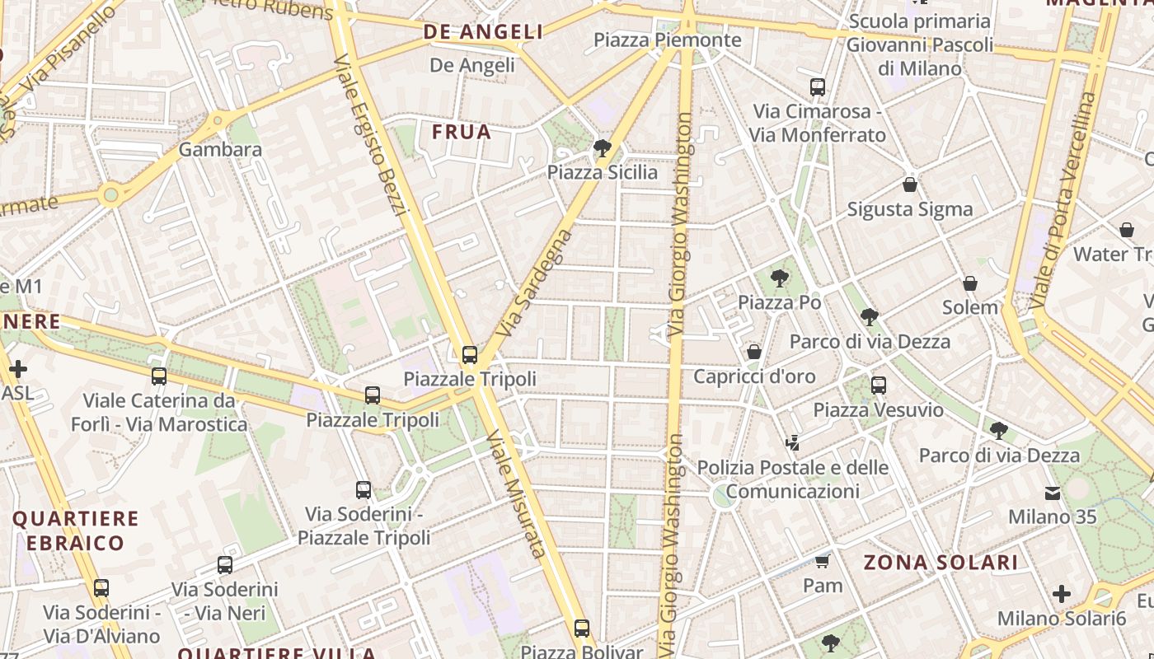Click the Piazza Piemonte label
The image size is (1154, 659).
click(x=667, y=40)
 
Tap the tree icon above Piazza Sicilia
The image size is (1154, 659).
click(x=603, y=148)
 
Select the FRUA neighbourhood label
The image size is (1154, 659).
click(x=461, y=132)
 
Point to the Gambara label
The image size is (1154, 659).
click(x=220, y=149)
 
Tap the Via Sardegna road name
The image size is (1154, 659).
click(x=536, y=283)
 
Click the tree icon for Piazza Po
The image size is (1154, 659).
click(x=779, y=278)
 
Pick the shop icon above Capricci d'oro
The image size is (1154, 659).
click(x=753, y=352)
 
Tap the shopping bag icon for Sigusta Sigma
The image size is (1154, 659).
click(x=910, y=185)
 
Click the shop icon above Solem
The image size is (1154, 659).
click(x=970, y=283)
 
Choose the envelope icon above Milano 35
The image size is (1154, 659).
click(x=1053, y=493)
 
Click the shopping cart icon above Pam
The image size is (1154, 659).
click(x=822, y=562)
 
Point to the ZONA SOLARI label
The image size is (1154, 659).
click(x=941, y=563)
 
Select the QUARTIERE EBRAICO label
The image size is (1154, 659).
click(x=75, y=530)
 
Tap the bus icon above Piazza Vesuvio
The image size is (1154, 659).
click(x=879, y=385)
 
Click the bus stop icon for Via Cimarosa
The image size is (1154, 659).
click(x=817, y=86)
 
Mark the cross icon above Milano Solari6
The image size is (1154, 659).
click(x=1062, y=593)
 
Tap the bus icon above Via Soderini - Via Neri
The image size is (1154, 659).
click(x=225, y=565)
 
